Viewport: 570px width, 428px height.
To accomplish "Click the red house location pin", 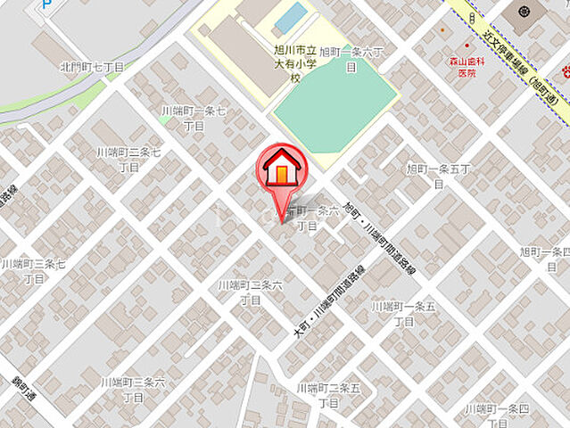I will [283, 172].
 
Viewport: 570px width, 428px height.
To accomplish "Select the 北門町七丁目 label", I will [92, 67].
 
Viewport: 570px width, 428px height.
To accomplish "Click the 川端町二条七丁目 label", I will [129, 160].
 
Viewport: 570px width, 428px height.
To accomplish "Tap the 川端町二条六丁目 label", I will [251, 292].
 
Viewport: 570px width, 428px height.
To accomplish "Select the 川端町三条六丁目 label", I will [133, 389].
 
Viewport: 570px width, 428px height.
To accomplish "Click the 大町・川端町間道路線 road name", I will [328, 304].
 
